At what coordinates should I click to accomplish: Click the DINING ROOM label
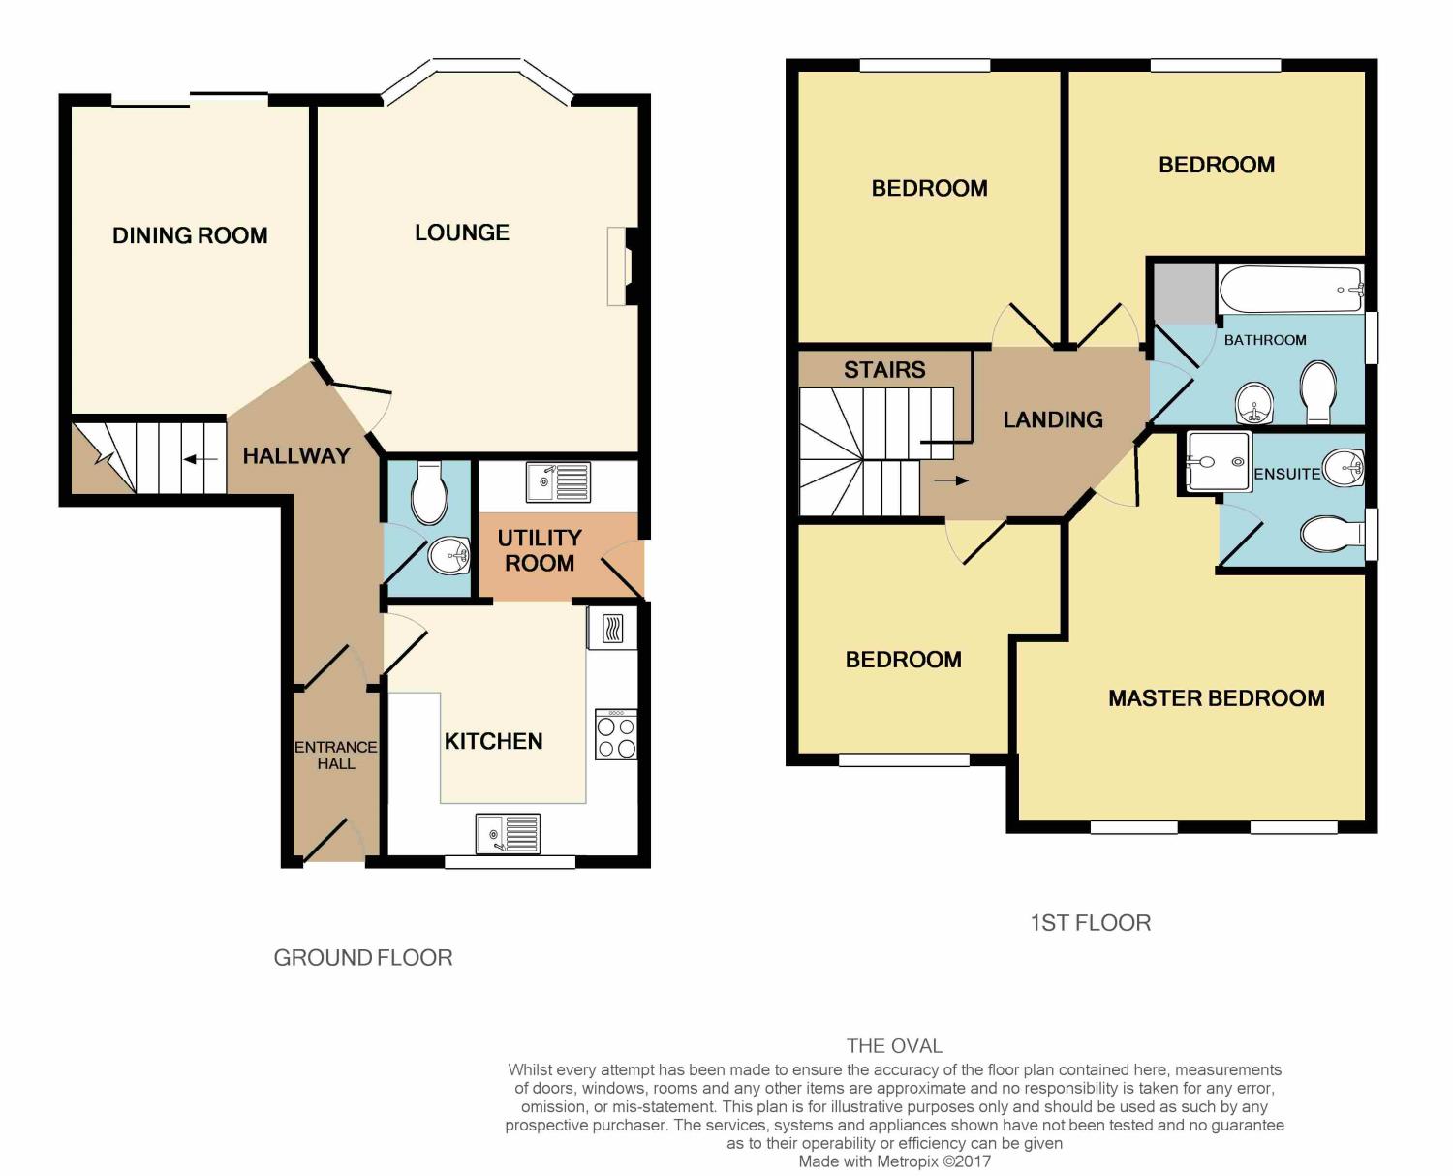[x=190, y=235]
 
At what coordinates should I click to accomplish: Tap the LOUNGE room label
[x=462, y=232]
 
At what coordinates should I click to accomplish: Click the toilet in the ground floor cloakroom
[x=429, y=492]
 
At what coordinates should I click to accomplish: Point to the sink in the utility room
[x=557, y=481]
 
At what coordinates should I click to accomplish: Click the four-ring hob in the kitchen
[x=616, y=735]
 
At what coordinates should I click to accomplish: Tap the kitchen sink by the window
[x=508, y=833]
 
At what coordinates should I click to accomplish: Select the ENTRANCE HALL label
[x=336, y=755]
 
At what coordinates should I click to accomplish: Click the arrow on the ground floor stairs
[x=200, y=459]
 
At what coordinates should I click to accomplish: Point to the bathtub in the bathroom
[x=1290, y=289]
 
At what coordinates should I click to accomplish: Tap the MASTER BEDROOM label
[x=1216, y=698]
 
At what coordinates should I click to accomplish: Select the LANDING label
[x=1053, y=419]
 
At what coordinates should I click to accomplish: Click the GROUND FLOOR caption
[x=363, y=957]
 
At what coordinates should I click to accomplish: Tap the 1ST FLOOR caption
[x=1090, y=923]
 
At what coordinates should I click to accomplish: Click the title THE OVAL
[x=894, y=1045]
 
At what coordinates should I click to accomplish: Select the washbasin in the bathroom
[x=1255, y=402]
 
